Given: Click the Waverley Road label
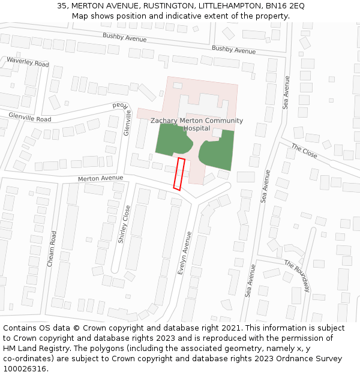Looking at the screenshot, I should [28, 62].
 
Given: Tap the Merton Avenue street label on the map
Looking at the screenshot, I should [100, 178].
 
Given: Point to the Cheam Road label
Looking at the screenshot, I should [52, 249].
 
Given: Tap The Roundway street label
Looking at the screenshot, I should [297, 275].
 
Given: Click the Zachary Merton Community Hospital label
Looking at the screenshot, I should [197, 124].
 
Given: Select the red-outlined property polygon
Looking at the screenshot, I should [178, 174].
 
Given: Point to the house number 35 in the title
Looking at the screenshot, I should [62, 5].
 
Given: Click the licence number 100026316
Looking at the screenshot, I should [25, 368].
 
